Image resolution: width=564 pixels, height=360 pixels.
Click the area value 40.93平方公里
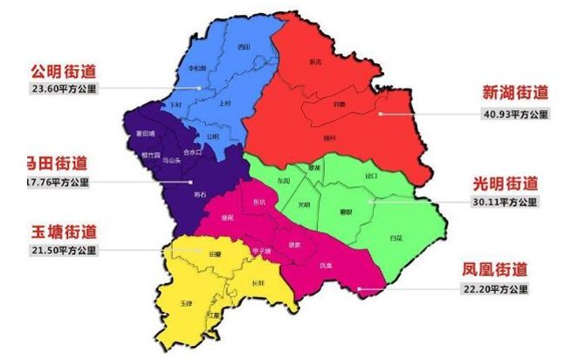pyautogui.click(x=515, y=114)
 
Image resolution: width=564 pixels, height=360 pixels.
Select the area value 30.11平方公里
pyautogui.click(x=506, y=202)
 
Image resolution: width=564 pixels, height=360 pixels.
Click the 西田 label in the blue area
pyautogui.click(x=244, y=46)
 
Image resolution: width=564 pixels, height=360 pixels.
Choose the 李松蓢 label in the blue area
pyautogui.click(x=198, y=67)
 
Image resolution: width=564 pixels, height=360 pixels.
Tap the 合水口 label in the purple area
pyautogui.click(x=194, y=151)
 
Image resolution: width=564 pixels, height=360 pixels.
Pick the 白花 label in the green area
pyautogui.click(x=397, y=237)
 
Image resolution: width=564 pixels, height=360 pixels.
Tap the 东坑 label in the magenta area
pyautogui.click(x=258, y=203)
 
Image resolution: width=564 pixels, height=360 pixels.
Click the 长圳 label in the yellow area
pyautogui.click(x=257, y=282)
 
